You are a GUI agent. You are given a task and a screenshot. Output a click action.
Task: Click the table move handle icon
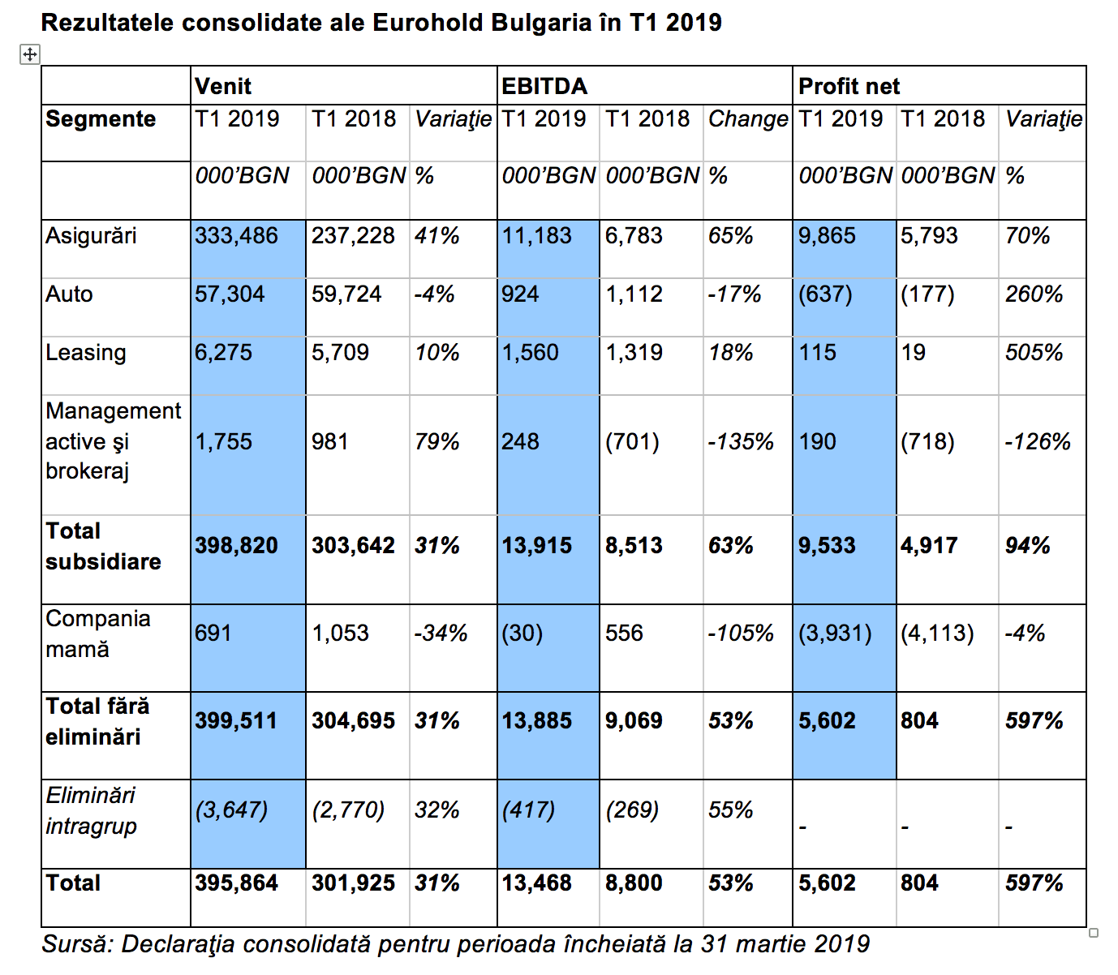pos(29,54)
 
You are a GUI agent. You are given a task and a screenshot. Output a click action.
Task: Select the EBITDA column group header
pos(544,86)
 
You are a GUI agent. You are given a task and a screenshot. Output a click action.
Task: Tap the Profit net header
pos(849,86)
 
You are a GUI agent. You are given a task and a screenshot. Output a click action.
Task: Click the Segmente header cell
pos(101,119)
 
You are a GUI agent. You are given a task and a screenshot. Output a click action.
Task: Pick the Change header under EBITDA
pos(748,119)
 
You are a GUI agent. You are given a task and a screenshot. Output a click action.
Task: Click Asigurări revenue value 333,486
pos(237,236)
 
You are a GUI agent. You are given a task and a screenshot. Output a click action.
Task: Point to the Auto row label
pos(70,294)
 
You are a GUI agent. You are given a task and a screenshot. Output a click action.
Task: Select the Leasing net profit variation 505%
pos(1034,352)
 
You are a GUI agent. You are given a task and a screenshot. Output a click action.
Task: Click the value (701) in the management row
pos(632,441)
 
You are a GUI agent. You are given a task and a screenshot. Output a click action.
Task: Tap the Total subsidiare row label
pos(103,546)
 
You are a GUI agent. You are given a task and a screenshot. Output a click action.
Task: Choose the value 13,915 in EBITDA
pos(536,546)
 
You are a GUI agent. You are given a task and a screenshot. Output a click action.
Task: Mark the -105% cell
pos(741,633)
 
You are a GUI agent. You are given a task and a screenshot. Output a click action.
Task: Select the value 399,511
pos(236,720)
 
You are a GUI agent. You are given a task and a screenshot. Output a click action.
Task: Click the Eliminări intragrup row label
pos(91,810)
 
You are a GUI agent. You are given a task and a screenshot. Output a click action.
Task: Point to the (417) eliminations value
pos(528,810)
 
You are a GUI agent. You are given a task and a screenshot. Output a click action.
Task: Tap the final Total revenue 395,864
pos(237,883)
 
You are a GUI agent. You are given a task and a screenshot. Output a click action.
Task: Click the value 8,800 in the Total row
pos(634,883)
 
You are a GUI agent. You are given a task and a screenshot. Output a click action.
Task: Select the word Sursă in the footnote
pos(77,943)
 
